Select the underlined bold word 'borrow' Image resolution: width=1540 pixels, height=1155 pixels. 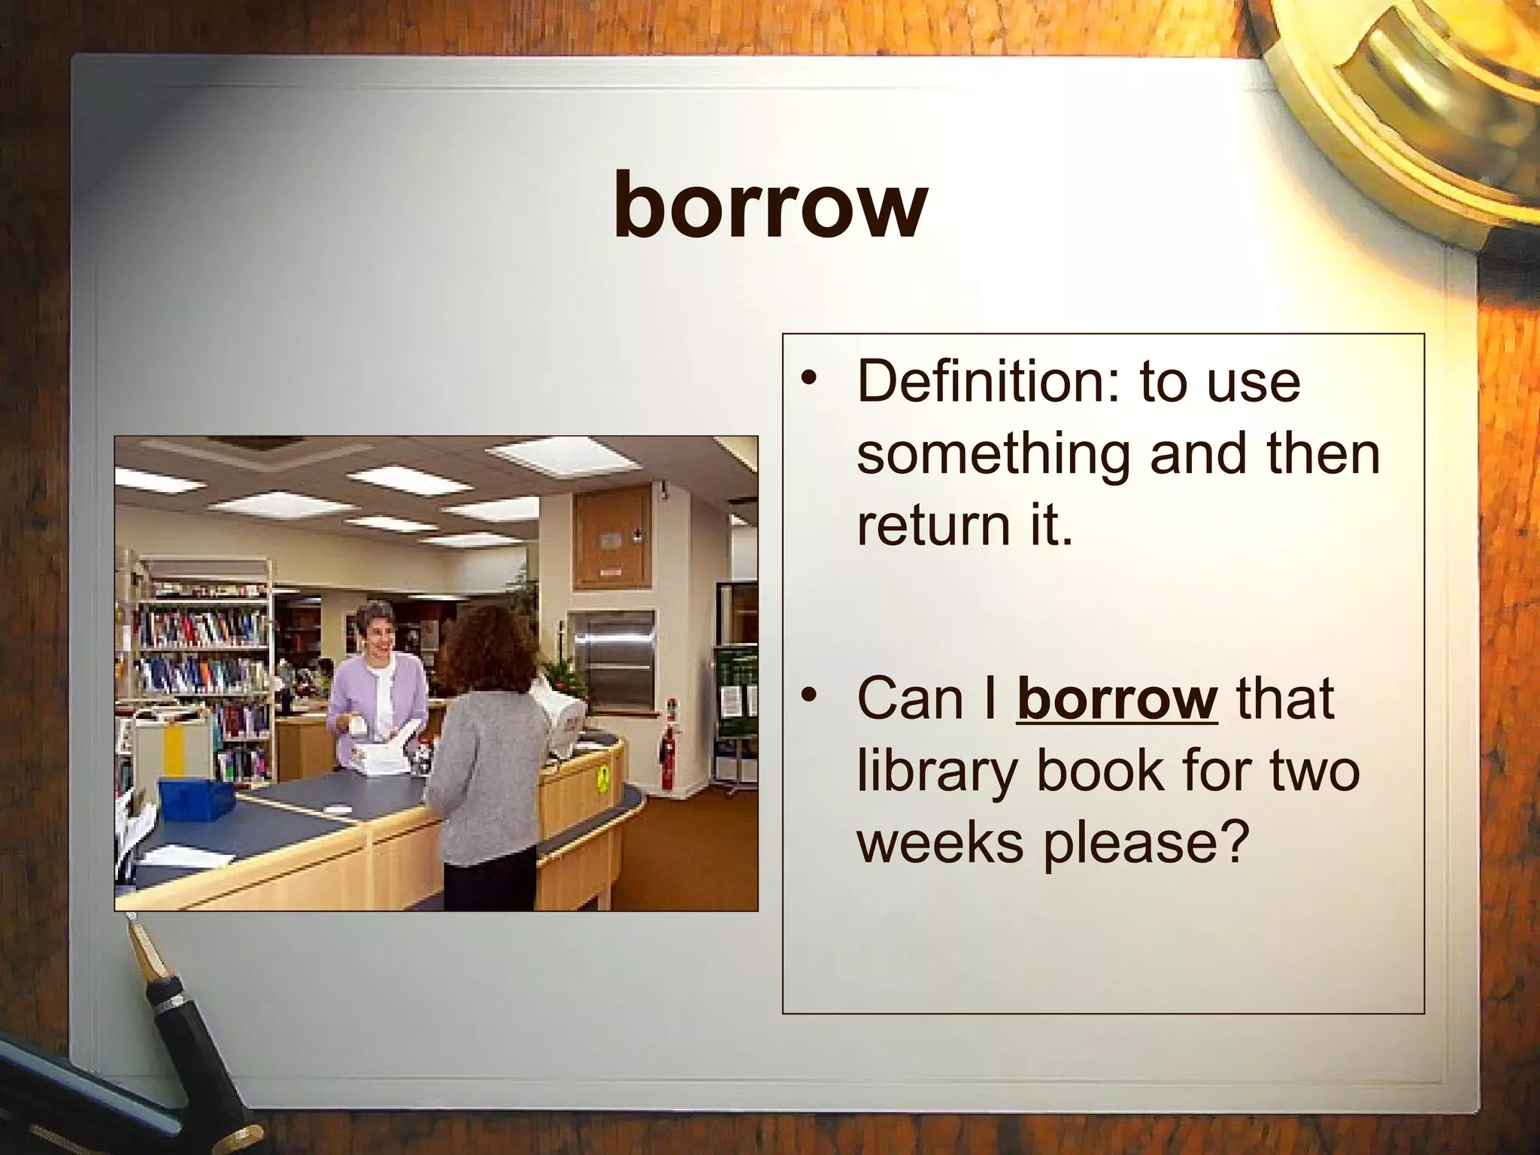1116,699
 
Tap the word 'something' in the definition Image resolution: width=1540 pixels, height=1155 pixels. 993,453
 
